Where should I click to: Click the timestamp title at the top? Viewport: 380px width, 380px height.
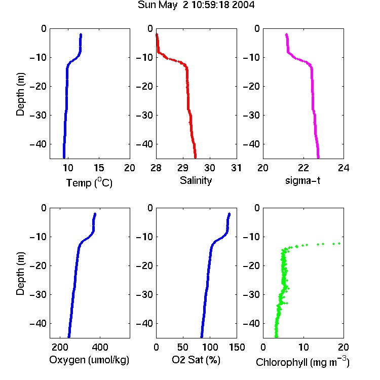[x=196, y=5]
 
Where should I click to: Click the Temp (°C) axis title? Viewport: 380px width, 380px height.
[x=89, y=182]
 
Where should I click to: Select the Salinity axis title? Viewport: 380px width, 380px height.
[x=196, y=180]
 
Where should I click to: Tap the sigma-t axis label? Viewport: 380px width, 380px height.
[x=302, y=180]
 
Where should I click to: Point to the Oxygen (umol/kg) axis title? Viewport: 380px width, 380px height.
[x=89, y=360]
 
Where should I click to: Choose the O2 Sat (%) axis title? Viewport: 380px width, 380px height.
[x=196, y=360]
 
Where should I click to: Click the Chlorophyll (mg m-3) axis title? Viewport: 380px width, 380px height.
[x=302, y=362]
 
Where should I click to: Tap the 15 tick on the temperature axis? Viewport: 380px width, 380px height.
[x=99, y=168]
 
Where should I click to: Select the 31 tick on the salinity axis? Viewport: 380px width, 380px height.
[x=236, y=168]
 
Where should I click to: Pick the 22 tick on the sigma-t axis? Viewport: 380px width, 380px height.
[x=303, y=168]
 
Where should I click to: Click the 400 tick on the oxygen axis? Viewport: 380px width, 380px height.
[x=100, y=347]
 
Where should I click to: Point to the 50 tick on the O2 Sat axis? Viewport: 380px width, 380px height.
[x=183, y=347]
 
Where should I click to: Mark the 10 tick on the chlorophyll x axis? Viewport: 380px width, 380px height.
[x=303, y=347]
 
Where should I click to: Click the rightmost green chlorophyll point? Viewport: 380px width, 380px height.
[x=339, y=243]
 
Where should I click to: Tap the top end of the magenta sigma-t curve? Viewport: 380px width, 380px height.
[x=286, y=34]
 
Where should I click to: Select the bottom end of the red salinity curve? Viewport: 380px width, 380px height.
[x=196, y=157]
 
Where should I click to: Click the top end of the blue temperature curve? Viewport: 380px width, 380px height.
[x=81, y=34]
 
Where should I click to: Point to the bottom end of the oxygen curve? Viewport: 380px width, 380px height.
[x=69, y=336]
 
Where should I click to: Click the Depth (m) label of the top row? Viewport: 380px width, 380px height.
[x=20, y=94]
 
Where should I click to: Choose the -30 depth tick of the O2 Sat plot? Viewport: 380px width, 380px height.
[x=144, y=295]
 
